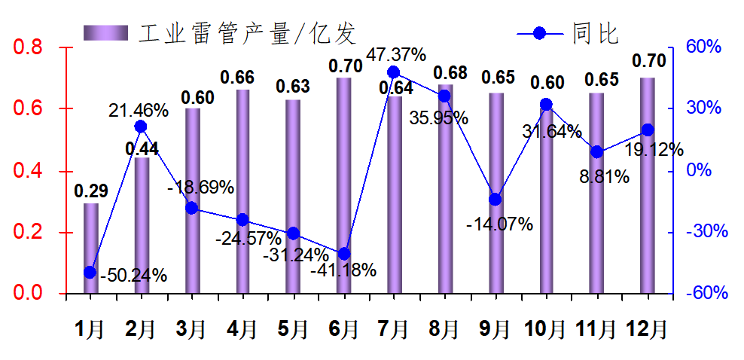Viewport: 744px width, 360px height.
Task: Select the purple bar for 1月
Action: tap(90, 249)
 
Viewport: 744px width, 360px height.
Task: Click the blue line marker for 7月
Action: tap(393, 72)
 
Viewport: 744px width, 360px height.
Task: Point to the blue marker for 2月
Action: tap(140, 127)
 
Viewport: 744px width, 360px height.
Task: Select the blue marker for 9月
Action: tap(495, 200)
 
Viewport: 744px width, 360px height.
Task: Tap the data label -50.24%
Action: tap(133, 276)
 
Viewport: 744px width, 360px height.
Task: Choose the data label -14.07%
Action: tap(499, 224)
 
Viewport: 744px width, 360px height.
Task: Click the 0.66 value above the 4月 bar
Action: tap(237, 78)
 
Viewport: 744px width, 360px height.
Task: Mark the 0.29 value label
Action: tap(90, 191)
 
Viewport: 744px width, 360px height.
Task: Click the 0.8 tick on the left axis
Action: tap(29, 47)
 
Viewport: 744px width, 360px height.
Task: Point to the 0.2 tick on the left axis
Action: tap(29, 232)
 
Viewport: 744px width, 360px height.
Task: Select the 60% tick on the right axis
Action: tap(704, 47)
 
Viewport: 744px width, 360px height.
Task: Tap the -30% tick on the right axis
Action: tap(706, 232)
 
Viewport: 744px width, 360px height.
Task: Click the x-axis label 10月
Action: tap(545, 329)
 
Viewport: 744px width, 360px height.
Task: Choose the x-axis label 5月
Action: tap(292, 329)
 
